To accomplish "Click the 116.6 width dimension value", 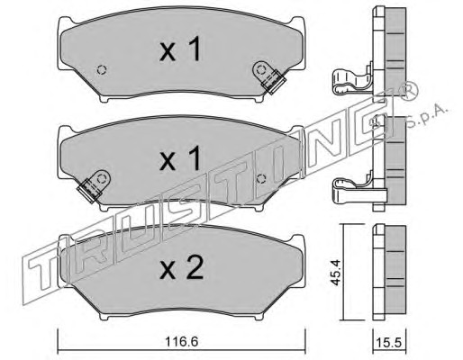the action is click(x=181, y=342).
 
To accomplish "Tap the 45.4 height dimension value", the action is click(x=336, y=273).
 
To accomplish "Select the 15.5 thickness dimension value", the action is click(x=390, y=342).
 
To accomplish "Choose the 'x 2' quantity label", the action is click(x=182, y=268).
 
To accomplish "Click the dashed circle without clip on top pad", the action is click(x=102, y=70).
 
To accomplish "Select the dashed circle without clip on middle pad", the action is click(x=262, y=179).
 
